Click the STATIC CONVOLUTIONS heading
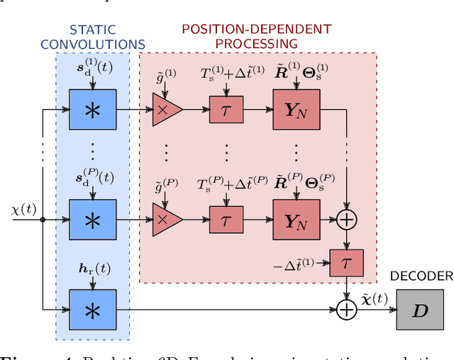[92, 38]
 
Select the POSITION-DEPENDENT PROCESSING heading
[256, 36]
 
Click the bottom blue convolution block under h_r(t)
[92, 309]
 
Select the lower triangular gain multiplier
[166, 220]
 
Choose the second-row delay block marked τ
[226, 220]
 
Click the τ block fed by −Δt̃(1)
[345, 263]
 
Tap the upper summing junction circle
[346, 220]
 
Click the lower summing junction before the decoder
[346, 310]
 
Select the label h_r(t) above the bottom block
[93, 269]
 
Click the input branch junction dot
[43, 220]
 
